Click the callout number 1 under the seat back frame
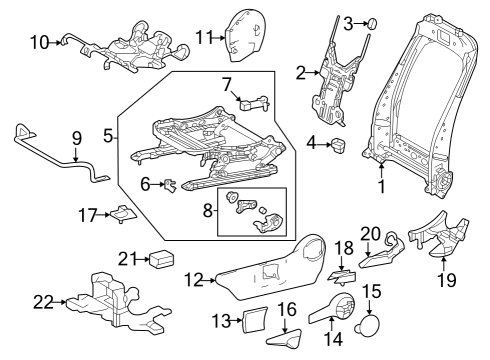pyautogui.click(x=380, y=186)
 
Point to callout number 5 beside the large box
pyautogui.click(x=109, y=133)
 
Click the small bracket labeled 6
pyautogui.click(x=170, y=184)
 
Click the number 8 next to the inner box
pyautogui.click(x=208, y=212)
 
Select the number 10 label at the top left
pyautogui.click(x=39, y=42)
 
